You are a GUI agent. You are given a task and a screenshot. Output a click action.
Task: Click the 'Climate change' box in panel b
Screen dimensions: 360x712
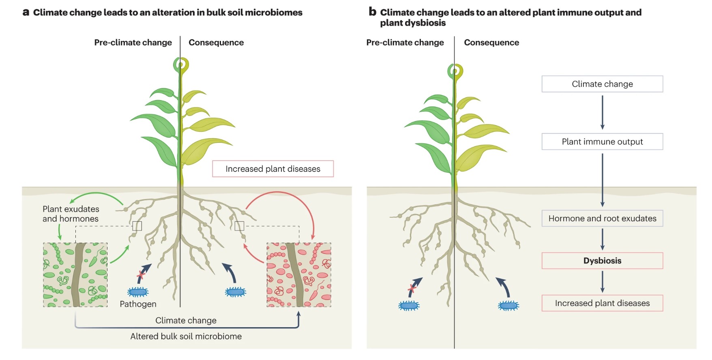click(x=602, y=84)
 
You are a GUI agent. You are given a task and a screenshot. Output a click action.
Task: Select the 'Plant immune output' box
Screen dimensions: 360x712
click(x=602, y=141)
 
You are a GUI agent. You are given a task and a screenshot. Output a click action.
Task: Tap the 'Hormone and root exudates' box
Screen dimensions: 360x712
click(x=602, y=218)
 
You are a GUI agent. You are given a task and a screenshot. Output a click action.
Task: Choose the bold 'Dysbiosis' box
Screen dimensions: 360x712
click(x=602, y=261)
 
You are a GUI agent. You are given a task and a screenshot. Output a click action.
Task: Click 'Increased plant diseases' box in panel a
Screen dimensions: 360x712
click(x=273, y=169)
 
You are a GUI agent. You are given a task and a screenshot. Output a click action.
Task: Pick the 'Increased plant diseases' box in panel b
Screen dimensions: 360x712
click(x=602, y=303)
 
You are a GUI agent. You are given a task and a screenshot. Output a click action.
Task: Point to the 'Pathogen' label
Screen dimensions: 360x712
click(x=138, y=304)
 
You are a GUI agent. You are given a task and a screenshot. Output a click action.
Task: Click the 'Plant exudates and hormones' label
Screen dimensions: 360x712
click(x=71, y=214)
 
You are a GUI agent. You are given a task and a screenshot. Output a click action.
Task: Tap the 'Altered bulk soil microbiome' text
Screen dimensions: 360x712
click(x=186, y=336)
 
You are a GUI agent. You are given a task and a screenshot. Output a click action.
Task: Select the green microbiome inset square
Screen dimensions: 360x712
click(x=75, y=275)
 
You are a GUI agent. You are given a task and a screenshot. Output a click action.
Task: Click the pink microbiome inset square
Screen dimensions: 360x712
click(x=299, y=275)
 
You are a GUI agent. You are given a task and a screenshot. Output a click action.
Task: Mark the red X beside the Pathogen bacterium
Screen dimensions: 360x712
click(x=141, y=275)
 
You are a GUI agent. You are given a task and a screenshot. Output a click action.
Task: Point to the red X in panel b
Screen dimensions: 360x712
click(x=412, y=289)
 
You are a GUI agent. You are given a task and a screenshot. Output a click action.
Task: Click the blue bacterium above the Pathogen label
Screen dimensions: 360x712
click(x=138, y=291)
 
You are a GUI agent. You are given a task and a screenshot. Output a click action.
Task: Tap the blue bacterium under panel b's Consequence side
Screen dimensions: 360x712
click(x=508, y=306)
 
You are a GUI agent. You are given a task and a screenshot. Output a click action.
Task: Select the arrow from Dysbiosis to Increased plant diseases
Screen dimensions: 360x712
click(x=603, y=281)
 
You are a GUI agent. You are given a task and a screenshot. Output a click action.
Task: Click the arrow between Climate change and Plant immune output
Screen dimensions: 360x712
click(x=603, y=112)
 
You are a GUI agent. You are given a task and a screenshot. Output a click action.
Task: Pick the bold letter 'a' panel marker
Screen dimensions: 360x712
click(x=26, y=12)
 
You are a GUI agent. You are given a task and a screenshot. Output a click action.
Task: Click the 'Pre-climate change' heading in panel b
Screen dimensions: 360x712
click(x=405, y=43)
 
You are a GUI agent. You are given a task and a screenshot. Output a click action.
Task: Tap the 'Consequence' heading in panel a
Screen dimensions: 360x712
click(x=216, y=43)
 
